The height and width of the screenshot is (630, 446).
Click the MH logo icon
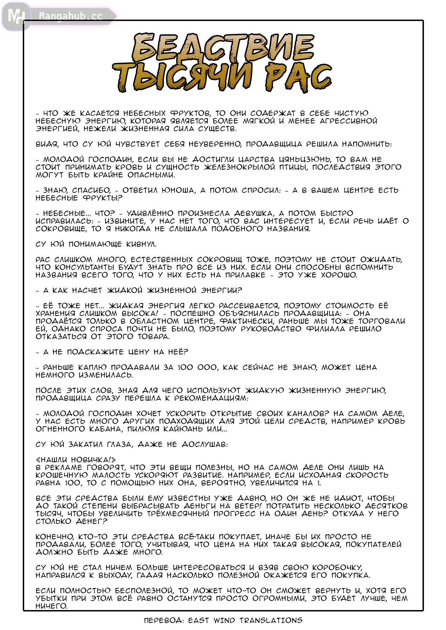pyautogui.click(x=16, y=16)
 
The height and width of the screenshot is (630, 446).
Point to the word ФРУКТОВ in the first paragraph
pyautogui.click(x=190, y=113)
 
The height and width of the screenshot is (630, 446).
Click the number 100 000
pyautogui.click(x=197, y=367)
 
